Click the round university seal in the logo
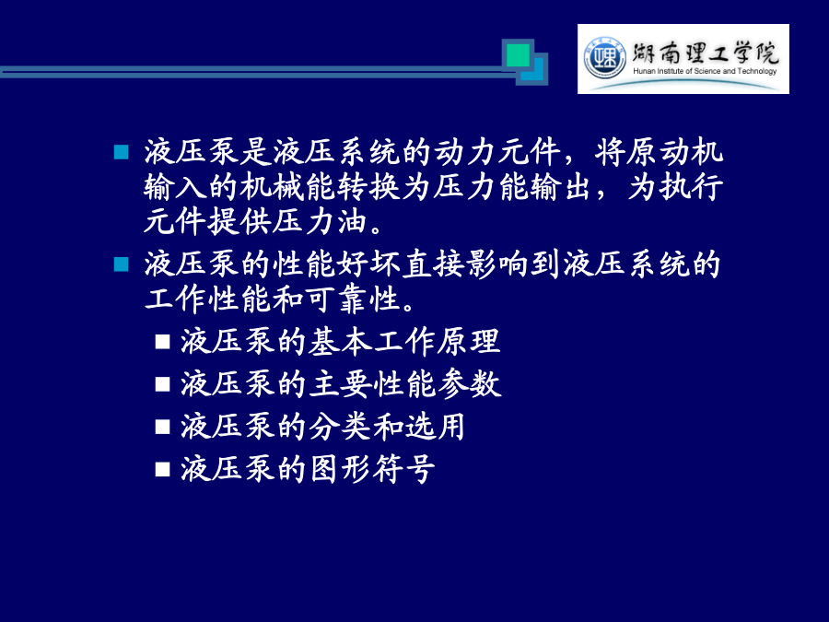604,58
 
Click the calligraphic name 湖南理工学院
706,53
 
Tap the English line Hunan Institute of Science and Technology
705,71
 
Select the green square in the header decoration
518,55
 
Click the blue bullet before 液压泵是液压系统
121,152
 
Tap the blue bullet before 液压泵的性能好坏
121,264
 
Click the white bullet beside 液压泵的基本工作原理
163,342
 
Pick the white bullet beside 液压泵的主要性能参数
163,384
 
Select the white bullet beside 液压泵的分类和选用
163,427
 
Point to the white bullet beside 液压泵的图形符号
163,469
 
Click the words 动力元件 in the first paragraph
497,152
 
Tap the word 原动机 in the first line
659,152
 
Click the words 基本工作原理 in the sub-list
404,342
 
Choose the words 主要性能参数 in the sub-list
404,384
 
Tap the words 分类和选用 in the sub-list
387,427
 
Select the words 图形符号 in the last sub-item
372,469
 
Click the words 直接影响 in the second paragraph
465,264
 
